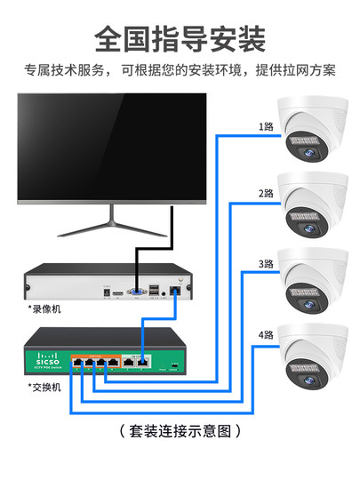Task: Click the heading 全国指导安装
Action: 180,38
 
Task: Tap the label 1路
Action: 266,126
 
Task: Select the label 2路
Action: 266,193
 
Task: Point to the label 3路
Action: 266,264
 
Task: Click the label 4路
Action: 266,335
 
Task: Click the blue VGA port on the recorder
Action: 136,292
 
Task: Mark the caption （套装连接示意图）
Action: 180,431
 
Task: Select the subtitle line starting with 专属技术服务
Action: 180,71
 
